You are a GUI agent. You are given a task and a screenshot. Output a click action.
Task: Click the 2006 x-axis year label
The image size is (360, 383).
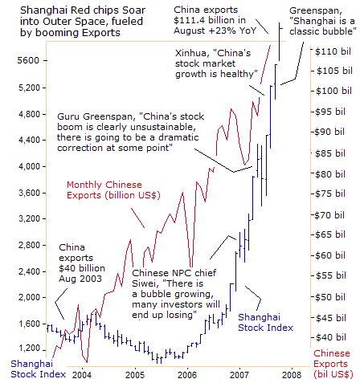click(187, 374)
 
